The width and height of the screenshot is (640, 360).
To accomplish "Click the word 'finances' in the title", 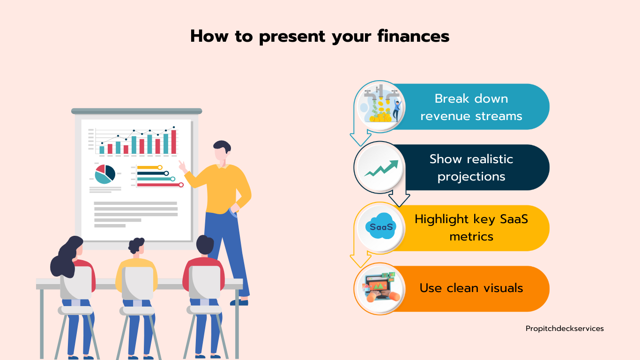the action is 413,36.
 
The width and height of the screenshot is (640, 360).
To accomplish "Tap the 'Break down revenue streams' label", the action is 471,107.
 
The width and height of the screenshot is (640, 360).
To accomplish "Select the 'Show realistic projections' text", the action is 471,167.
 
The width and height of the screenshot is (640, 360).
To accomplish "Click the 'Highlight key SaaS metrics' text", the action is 471,228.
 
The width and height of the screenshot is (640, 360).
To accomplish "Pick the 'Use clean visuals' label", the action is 471,288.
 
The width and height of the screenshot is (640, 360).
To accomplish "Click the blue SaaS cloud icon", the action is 381,226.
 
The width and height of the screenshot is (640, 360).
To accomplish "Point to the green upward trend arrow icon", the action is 381,168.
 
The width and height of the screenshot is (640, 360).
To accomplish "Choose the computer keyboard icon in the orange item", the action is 380,287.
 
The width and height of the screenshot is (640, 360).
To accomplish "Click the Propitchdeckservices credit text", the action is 565,329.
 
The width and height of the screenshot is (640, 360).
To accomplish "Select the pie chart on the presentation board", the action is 105,174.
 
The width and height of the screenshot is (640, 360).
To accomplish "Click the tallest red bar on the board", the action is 174,142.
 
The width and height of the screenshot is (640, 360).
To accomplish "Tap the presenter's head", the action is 222,150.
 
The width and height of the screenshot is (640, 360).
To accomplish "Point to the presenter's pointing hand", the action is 182,166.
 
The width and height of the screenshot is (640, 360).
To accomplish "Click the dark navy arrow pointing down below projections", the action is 399,197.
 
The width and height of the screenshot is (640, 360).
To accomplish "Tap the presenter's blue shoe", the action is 239,302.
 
